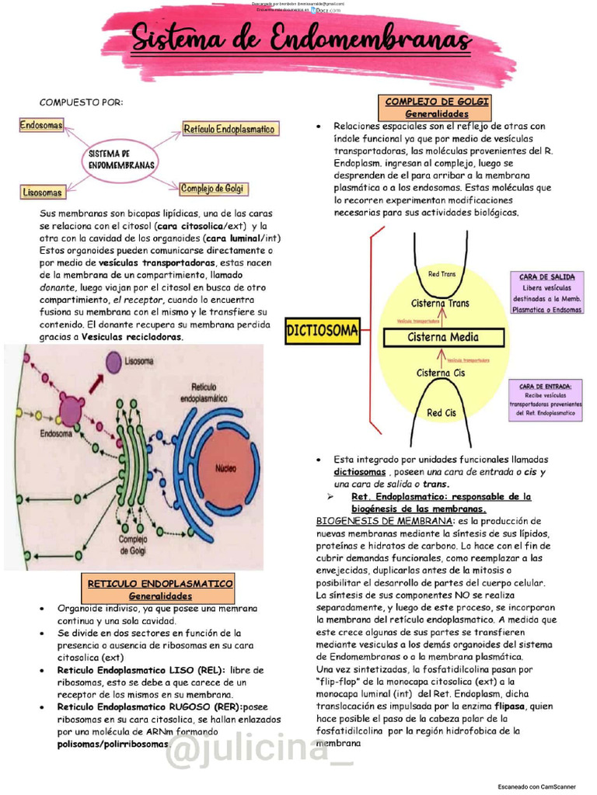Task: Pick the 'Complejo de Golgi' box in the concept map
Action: (212, 189)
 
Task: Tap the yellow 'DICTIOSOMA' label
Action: (323, 332)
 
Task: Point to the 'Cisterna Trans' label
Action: (440, 303)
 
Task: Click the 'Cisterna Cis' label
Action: (441, 373)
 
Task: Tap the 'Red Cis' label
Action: (441, 413)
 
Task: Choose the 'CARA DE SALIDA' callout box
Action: (546, 293)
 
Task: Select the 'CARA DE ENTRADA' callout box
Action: (546, 400)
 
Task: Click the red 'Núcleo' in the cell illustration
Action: (226, 468)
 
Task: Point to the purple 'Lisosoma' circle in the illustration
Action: (114, 361)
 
